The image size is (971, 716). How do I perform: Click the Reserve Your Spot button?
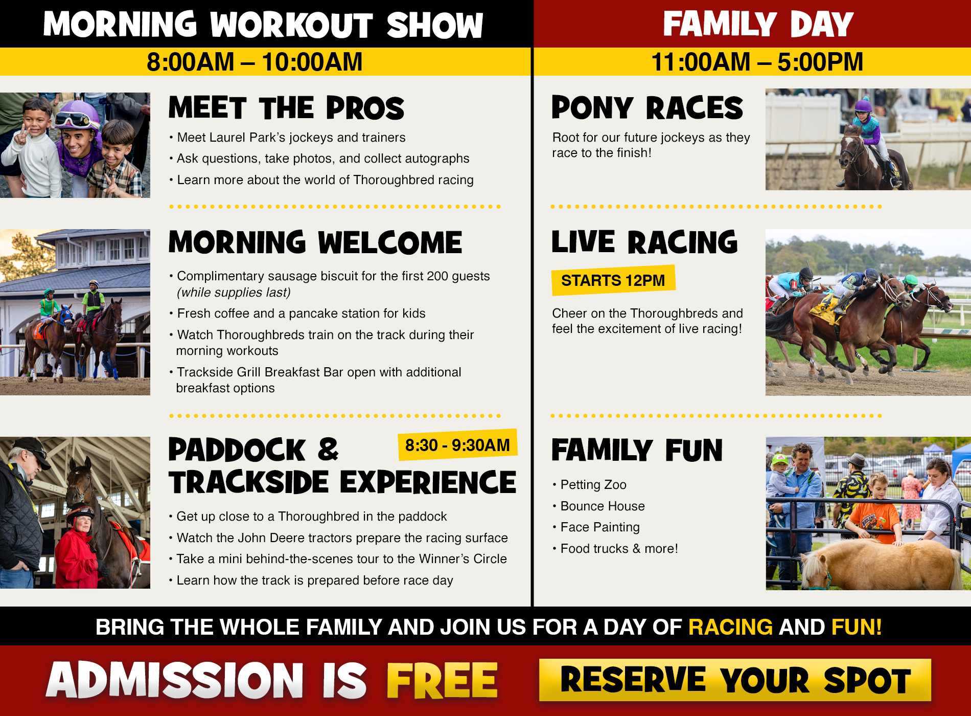[x=735, y=680]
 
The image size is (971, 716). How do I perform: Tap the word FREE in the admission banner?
[x=442, y=680]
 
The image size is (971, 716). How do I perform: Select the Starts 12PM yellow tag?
[x=613, y=280]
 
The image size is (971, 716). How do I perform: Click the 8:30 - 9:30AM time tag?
[x=457, y=445]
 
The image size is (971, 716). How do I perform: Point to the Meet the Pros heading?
[x=286, y=108]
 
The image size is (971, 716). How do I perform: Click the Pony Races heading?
[x=647, y=108]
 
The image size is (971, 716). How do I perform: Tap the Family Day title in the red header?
[x=758, y=24]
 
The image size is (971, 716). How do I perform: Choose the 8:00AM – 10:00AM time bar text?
[x=255, y=62]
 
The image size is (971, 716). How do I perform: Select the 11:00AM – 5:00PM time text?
[x=757, y=62]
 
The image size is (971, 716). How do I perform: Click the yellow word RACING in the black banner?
[x=730, y=627]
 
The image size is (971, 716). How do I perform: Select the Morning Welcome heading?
[x=315, y=242]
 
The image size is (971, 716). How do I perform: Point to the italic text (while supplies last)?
[x=234, y=293]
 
